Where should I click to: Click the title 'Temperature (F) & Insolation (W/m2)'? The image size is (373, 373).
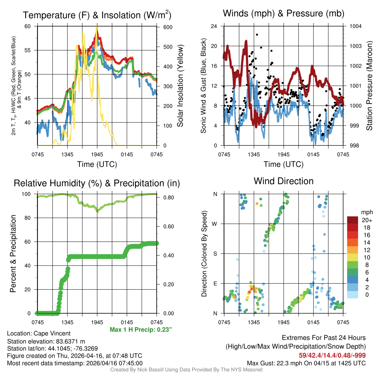click(97, 15)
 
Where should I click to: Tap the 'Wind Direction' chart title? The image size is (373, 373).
click(283, 181)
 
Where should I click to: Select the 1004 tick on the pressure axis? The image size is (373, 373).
click(355, 26)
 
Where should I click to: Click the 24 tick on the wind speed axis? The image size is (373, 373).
click(214, 26)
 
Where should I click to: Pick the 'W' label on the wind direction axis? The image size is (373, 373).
click(215, 224)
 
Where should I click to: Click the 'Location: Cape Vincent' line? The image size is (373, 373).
click(39, 333)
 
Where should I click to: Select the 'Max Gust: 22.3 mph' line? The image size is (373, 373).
click(306, 363)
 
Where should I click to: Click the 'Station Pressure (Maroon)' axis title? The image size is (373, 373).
click(369, 86)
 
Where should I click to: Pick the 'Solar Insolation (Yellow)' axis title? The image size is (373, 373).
click(180, 86)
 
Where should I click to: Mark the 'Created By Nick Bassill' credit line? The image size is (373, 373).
click(186, 370)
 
